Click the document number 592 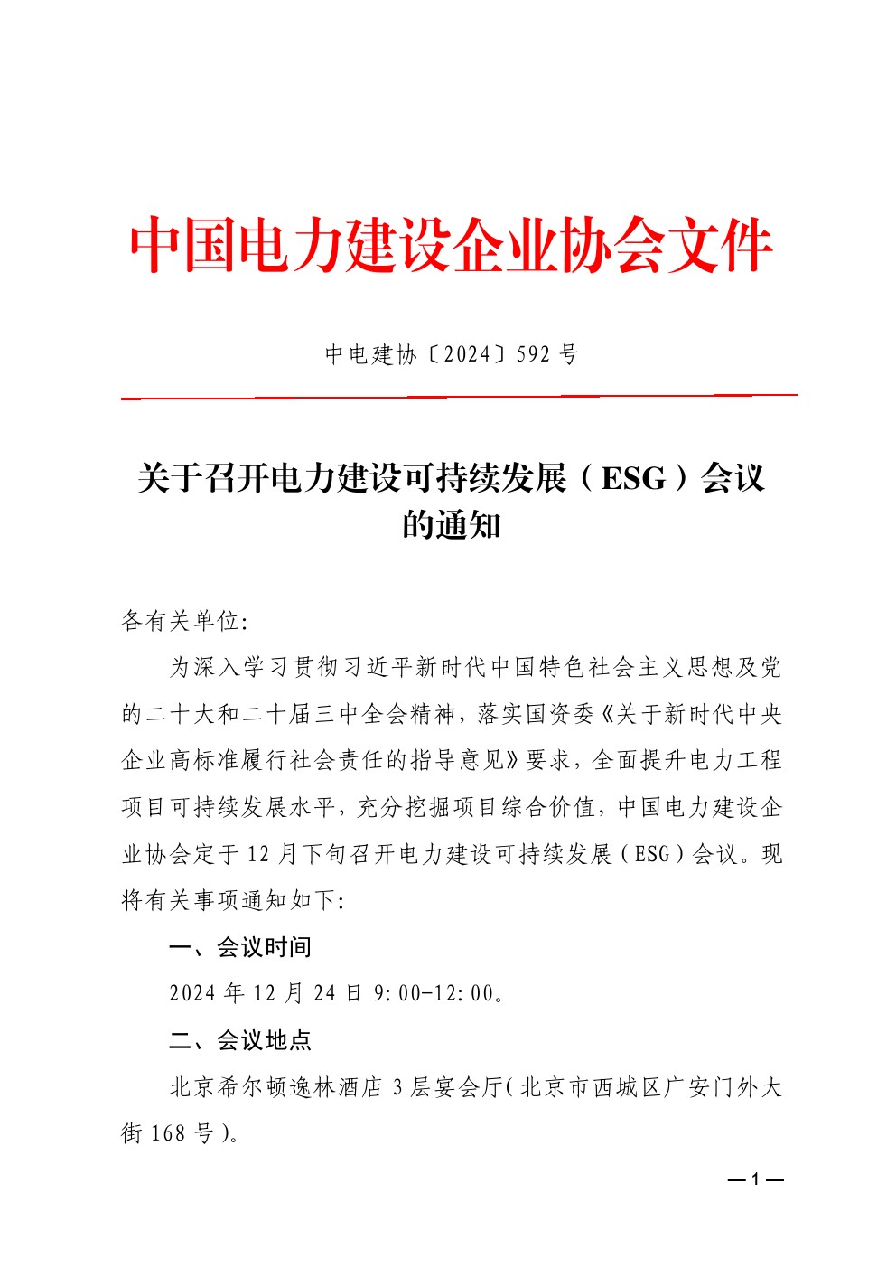(534, 354)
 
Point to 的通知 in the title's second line (451, 524)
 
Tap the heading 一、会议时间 (240, 947)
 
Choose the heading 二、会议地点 (240, 1040)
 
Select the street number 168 (168, 1133)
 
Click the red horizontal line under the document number (459, 396)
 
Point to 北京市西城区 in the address (592, 1086)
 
